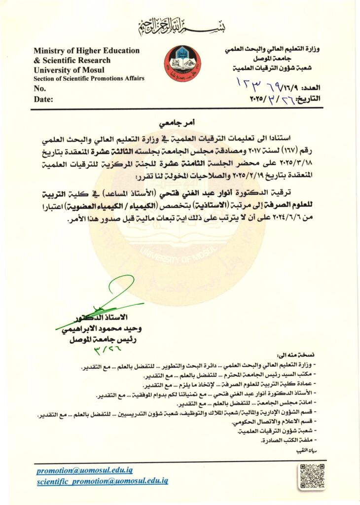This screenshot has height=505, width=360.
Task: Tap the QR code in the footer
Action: (312, 476)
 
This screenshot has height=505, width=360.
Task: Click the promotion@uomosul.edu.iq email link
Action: (84, 471)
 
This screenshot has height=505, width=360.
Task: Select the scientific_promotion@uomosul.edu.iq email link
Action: (103, 481)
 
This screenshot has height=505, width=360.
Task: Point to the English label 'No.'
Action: (39, 89)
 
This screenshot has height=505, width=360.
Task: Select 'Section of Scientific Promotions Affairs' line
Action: (89, 78)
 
